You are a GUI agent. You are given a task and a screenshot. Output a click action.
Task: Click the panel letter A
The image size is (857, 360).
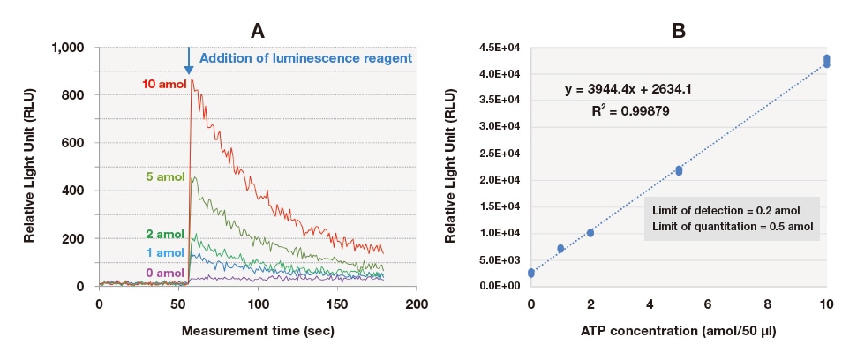(x=257, y=31)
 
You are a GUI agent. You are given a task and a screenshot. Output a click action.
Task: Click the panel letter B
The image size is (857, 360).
(x=679, y=31)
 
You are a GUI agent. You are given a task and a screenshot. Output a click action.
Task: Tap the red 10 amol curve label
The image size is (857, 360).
(x=163, y=84)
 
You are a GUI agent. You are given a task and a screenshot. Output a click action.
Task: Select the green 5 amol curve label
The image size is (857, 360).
(x=165, y=176)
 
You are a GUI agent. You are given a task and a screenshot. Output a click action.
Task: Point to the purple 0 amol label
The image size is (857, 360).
(x=165, y=273)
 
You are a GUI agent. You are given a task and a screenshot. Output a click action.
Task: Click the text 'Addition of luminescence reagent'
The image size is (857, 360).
(x=305, y=58)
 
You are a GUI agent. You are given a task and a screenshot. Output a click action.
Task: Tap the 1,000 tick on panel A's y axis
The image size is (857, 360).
(x=69, y=47)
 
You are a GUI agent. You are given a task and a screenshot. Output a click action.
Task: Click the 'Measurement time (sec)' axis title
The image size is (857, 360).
(x=257, y=332)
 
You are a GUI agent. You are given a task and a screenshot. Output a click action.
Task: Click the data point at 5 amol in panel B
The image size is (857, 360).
(x=679, y=170)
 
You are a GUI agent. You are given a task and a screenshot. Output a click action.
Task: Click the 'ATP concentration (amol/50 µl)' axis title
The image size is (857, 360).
(x=679, y=332)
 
